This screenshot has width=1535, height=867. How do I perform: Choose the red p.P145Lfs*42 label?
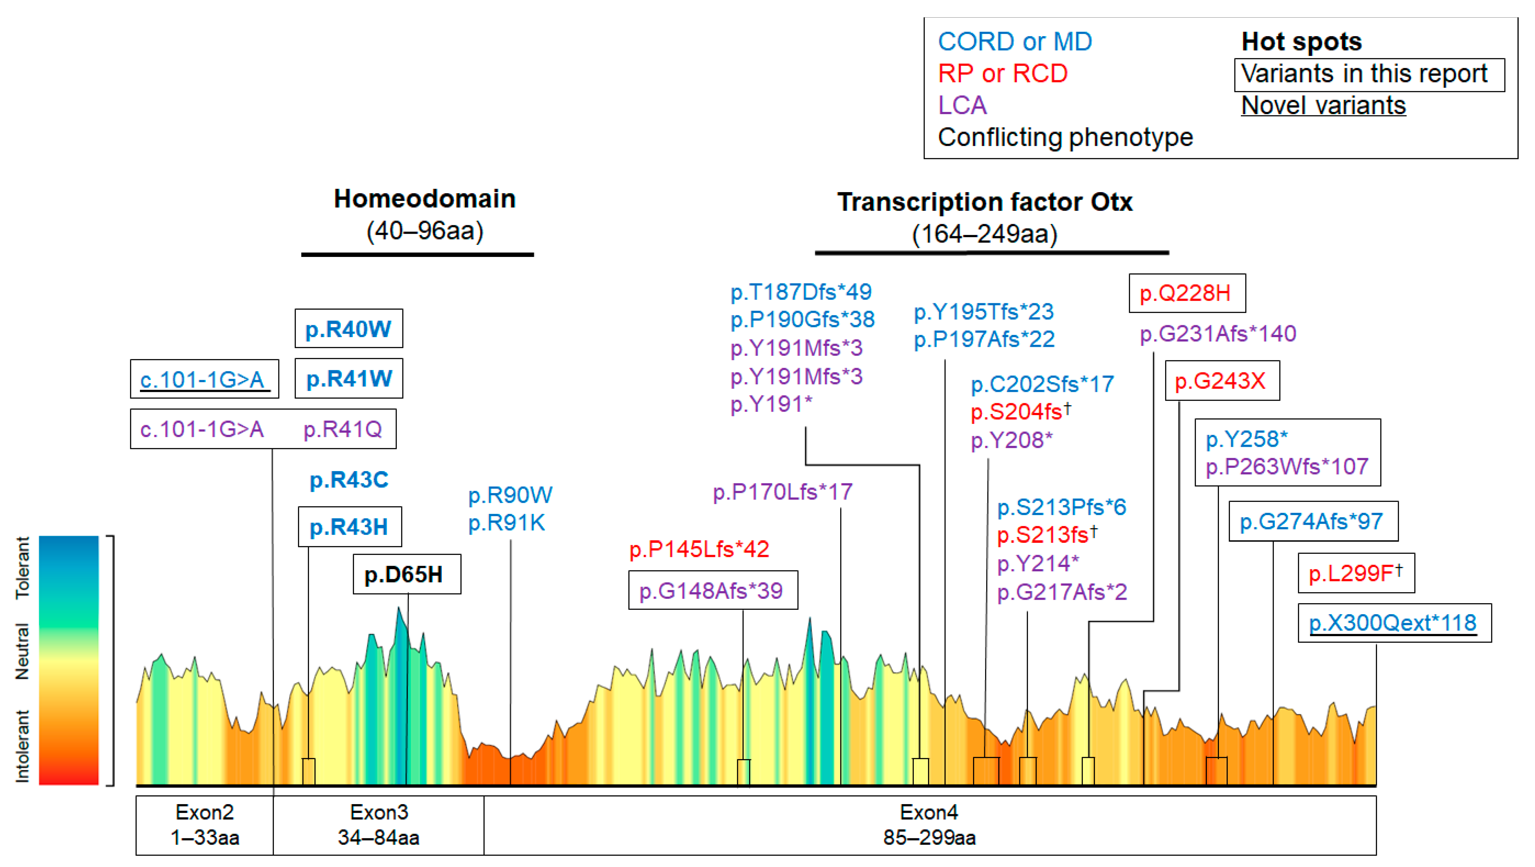pyautogui.click(x=699, y=549)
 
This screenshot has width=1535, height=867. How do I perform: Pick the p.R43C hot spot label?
pyautogui.click(x=348, y=480)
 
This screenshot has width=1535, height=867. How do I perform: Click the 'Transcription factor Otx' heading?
pyautogui.click(x=984, y=202)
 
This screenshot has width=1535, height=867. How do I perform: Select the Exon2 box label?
pyautogui.click(x=204, y=825)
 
